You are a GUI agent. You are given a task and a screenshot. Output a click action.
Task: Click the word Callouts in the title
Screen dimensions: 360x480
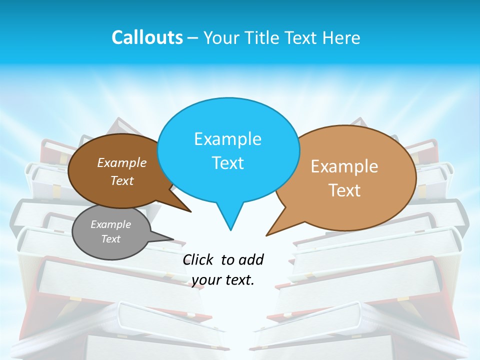(x=147, y=38)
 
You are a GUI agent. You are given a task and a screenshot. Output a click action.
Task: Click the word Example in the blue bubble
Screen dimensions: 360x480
(x=227, y=139)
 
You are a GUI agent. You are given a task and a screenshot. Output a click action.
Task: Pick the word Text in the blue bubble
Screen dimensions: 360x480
(x=227, y=163)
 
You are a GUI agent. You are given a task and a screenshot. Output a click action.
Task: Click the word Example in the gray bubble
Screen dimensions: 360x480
(x=110, y=224)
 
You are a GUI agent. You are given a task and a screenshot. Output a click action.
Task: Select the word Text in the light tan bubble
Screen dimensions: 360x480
(x=344, y=190)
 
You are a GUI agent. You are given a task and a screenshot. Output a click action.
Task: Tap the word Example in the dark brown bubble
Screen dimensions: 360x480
(x=121, y=162)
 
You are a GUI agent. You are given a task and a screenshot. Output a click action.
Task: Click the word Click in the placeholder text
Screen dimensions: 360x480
(x=198, y=259)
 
